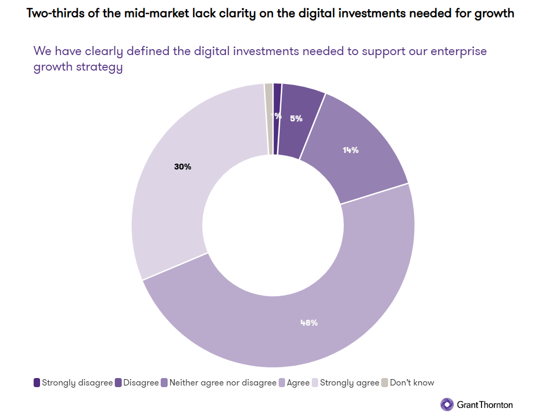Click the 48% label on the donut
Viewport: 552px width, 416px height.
pyautogui.click(x=309, y=322)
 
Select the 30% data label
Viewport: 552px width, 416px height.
pyautogui.click(x=183, y=167)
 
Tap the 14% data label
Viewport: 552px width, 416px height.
pyautogui.click(x=351, y=150)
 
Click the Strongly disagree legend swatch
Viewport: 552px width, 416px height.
pyautogui.click(x=37, y=383)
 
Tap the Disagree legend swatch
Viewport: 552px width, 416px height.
pyautogui.click(x=118, y=383)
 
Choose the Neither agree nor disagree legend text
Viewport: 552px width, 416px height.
pyautogui.click(x=223, y=383)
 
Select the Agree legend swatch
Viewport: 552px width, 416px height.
pyautogui.click(x=282, y=383)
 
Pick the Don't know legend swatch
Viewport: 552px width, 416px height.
pyautogui.click(x=384, y=383)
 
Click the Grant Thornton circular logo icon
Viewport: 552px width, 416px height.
pyautogui.click(x=447, y=404)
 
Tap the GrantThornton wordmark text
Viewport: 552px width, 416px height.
pyautogui.click(x=485, y=405)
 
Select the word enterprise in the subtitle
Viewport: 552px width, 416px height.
pyautogui.click(x=460, y=51)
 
